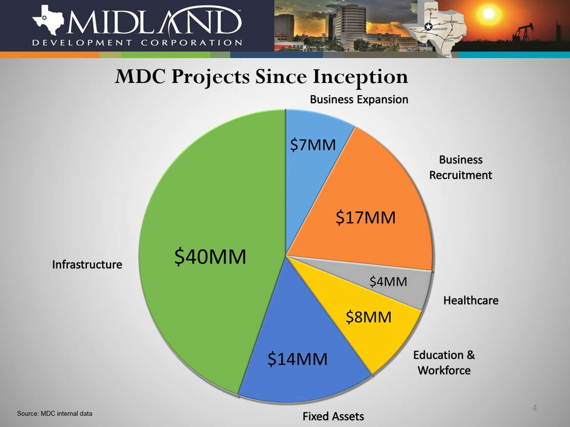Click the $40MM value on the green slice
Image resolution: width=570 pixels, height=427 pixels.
[210, 257]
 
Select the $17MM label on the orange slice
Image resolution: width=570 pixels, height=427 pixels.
[365, 218]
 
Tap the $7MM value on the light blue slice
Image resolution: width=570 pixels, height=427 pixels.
[313, 145]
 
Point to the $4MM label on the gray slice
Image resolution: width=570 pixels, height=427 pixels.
[388, 281]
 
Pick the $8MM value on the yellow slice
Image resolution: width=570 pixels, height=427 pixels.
[368, 317]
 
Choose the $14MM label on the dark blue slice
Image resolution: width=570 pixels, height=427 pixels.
[297, 359]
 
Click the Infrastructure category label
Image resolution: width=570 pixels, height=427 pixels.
[87, 265]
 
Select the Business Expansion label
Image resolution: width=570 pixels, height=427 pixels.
[359, 100]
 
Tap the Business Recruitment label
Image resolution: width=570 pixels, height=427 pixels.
[460, 168]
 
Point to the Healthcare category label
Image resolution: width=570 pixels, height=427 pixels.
[471, 301]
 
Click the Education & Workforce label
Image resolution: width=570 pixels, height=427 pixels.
[444, 363]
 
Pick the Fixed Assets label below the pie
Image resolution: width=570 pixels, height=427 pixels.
[333, 417]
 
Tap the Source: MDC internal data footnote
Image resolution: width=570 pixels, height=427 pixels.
[55, 414]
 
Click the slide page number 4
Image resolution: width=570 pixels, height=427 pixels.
[534, 408]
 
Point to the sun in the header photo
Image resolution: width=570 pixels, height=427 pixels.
[488, 13]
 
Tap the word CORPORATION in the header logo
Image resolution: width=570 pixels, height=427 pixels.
[191, 43]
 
